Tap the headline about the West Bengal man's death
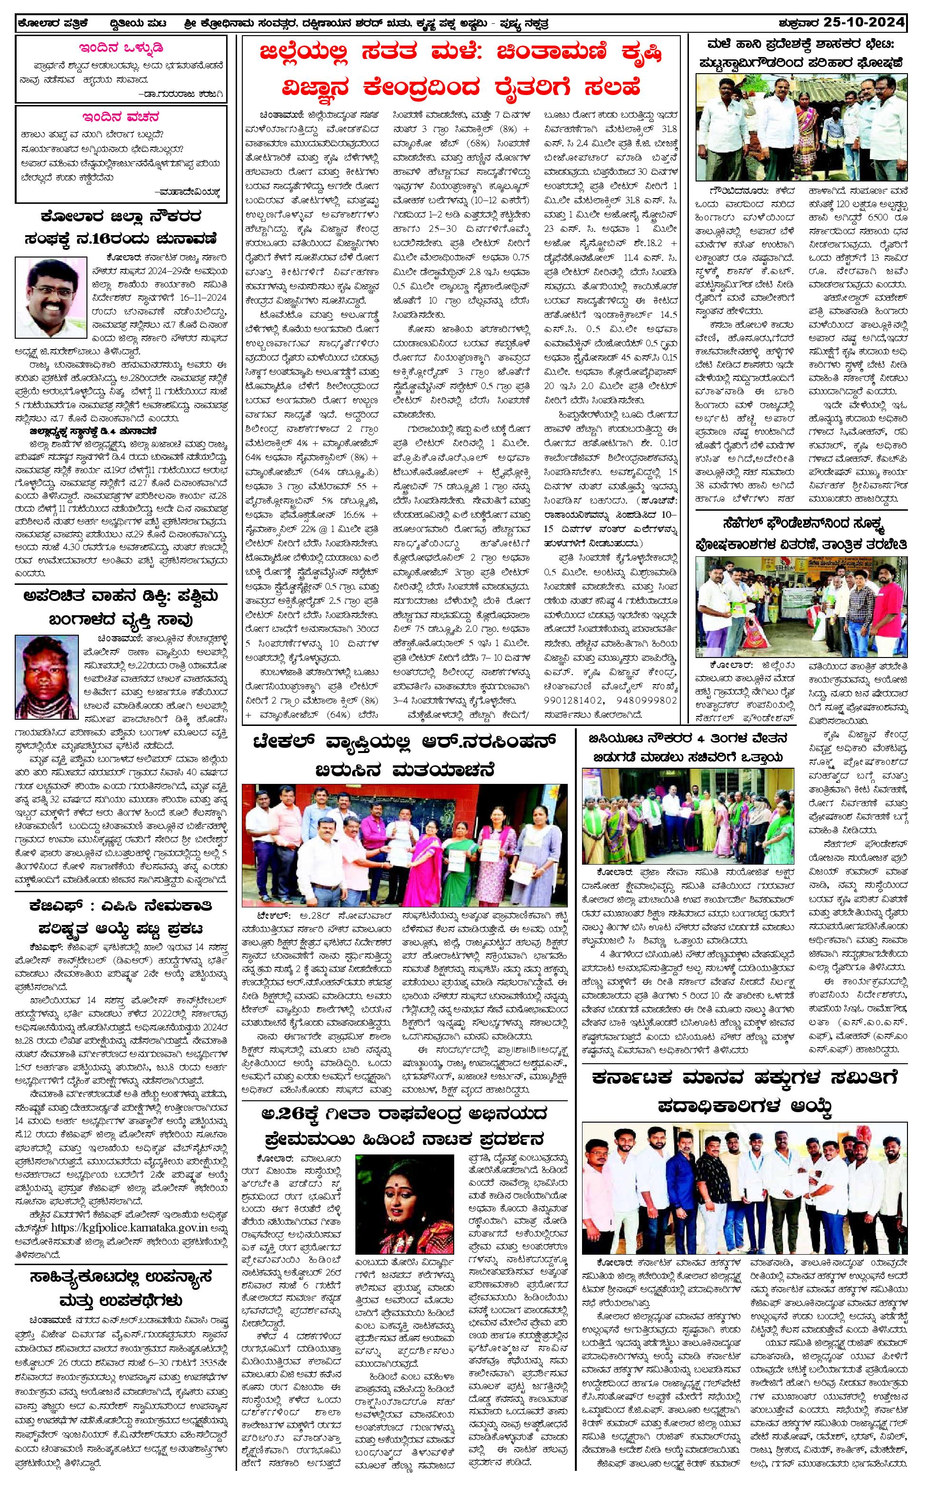pyautogui.click(x=121, y=610)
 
